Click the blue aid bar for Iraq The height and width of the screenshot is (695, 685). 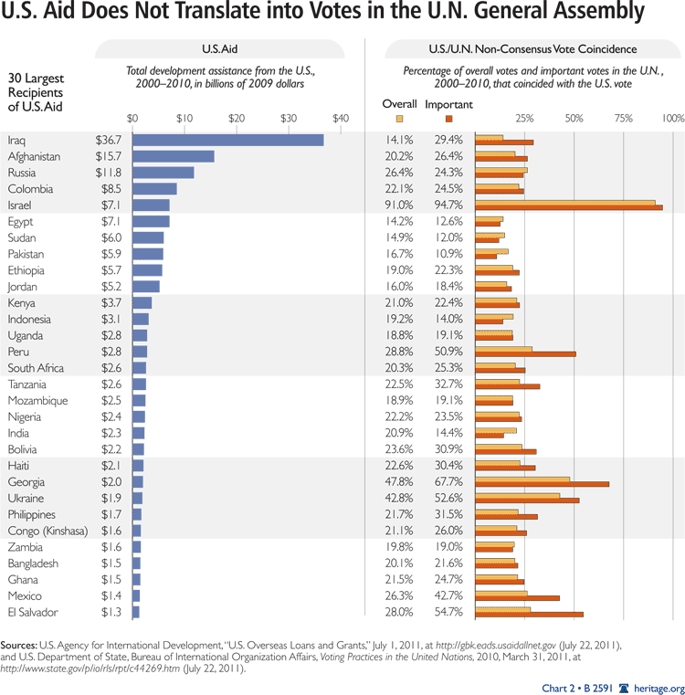pyautogui.click(x=228, y=140)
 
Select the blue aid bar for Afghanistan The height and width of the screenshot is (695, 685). pyautogui.click(x=174, y=156)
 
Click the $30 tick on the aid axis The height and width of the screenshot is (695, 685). pyautogui.click(x=289, y=118)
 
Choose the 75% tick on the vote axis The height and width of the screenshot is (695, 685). pyautogui.click(x=626, y=118)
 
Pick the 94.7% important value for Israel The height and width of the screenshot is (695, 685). pyautogui.click(x=448, y=205)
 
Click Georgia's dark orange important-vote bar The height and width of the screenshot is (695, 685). pyautogui.click(x=543, y=484)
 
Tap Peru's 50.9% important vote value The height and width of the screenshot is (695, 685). pyautogui.click(x=448, y=352)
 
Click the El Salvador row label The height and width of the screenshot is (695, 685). pyautogui.click(x=34, y=612)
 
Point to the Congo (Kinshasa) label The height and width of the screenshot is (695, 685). pyautogui.click(x=47, y=531)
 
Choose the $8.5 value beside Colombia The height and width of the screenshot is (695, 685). pyautogui.click(x=111, y=189)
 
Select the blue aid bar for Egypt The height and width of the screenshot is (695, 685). pyautogui.click(x=151, y=221)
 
